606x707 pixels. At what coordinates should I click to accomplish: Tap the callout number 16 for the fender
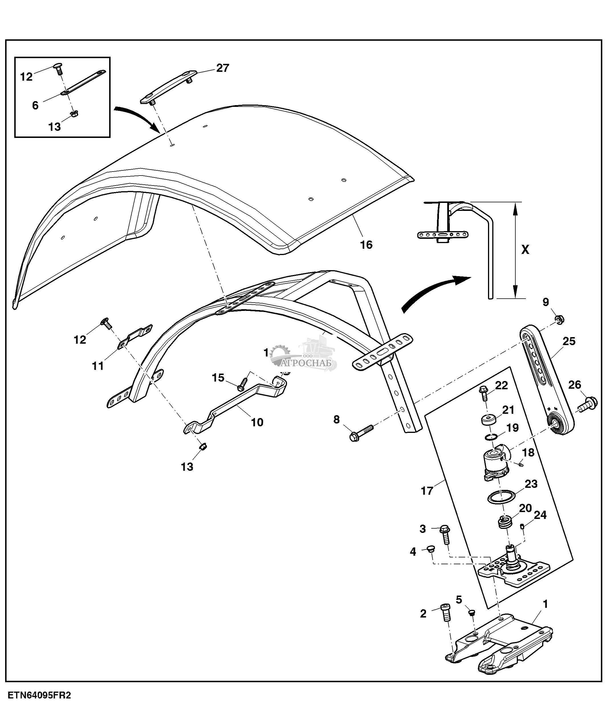click(366, 245)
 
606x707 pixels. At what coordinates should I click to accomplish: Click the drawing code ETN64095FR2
click(40, 695)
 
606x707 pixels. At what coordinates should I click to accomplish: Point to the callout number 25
click(569, 341)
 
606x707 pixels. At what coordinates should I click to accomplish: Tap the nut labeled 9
click(560, 320)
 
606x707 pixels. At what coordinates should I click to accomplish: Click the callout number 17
click(427, 491)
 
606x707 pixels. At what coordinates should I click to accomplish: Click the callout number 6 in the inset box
click(35, 105)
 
